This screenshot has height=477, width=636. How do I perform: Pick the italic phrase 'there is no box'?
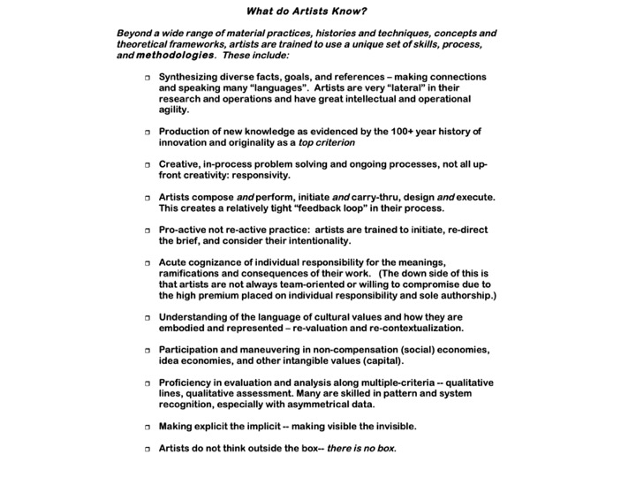coord(361,447)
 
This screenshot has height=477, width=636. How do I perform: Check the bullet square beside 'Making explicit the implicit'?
coord(148,426)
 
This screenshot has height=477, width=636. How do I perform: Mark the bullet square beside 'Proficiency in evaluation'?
coord(148,382)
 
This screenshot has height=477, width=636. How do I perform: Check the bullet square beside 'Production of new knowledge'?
coord(148,132)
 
